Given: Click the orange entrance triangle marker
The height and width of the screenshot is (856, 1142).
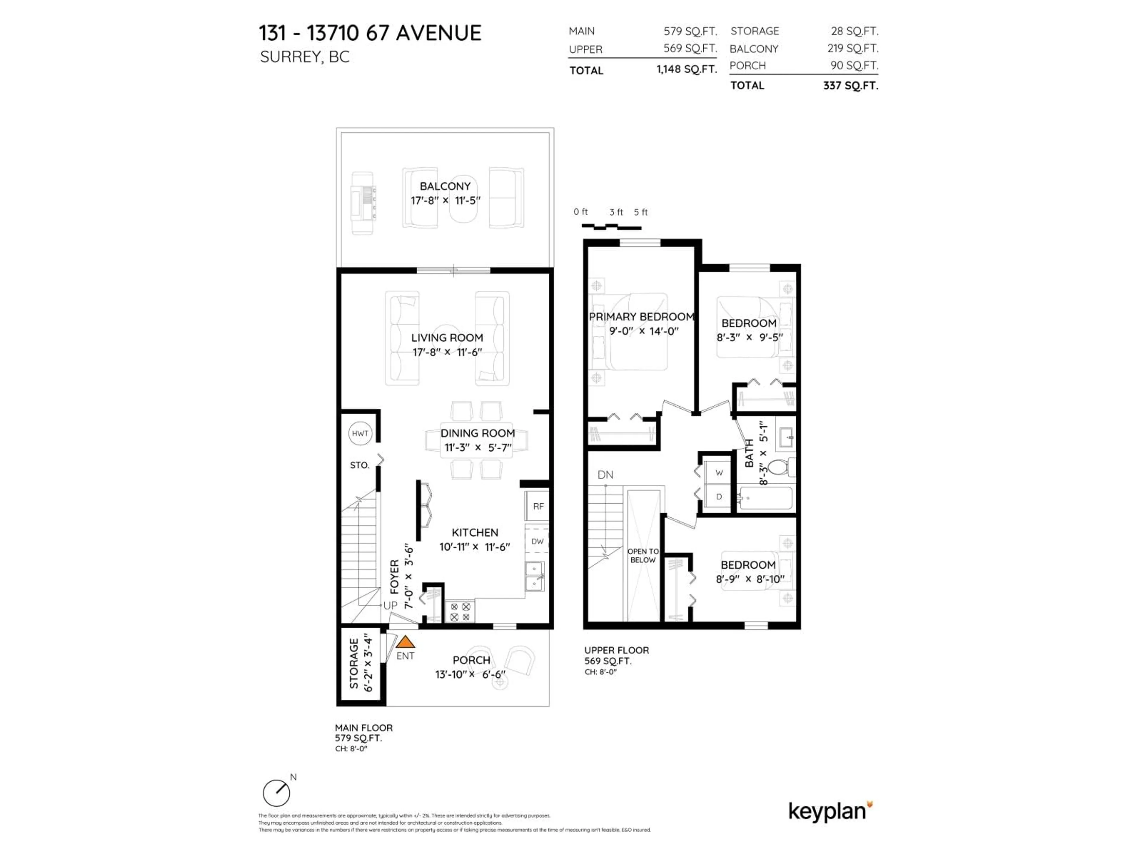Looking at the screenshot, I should (405, 642).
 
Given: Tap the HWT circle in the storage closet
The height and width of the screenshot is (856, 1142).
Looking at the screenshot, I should (360, 433).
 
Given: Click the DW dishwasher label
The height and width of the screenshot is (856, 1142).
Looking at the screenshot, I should (537, 541).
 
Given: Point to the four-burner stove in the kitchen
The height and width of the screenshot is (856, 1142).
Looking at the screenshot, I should (460, 612).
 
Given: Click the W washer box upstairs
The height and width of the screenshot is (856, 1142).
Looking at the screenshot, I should (719, 473).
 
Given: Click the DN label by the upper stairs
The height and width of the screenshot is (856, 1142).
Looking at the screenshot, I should (605, 475).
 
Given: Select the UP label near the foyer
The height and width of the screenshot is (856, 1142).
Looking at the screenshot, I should (390, 605).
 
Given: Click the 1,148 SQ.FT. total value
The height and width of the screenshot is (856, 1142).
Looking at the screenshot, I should (687, 70).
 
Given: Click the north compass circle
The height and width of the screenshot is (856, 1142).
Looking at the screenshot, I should (276, 793).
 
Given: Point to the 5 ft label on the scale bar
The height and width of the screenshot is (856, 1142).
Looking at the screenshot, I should (641, 212).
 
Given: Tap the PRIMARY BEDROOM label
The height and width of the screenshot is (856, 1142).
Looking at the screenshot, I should (641, 317).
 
